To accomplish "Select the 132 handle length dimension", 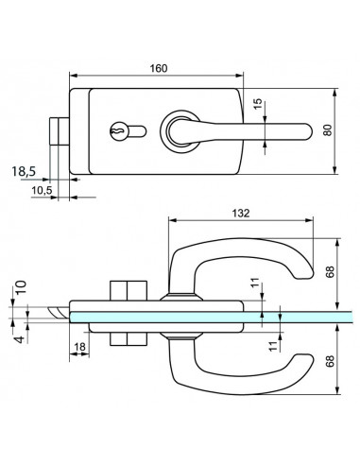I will [x=239, y=214].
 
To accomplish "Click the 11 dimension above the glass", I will [x=254, y=283].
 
